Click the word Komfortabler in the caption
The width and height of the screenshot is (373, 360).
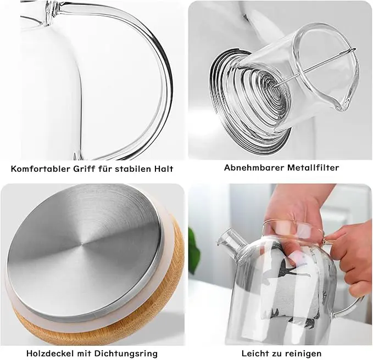click(41, 169)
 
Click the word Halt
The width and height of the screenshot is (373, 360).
click(164, 169)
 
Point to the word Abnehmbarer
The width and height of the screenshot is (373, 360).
click(254, 167)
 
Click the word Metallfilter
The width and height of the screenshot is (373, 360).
click(313, 167)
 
